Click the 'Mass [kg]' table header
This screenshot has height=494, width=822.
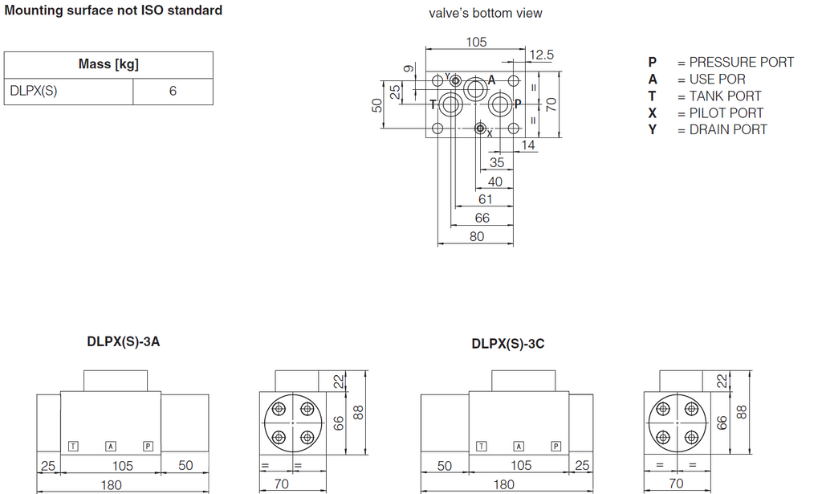(108, 64)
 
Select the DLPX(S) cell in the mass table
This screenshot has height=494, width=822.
(34, 91)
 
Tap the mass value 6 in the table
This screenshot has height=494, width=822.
(173, 91)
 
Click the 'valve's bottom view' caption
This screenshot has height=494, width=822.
(486, 13)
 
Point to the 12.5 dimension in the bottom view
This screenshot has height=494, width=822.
(541, 55)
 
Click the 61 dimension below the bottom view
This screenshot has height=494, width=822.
(486, 199)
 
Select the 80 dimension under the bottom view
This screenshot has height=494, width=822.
(477, 236)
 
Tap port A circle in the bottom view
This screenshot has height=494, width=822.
(476, 88)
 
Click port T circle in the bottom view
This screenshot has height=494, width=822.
(450, 104)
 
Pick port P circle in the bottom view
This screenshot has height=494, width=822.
(500, 104)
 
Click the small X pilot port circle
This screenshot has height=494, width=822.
(480, 128)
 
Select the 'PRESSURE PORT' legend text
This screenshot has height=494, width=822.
(741, 62)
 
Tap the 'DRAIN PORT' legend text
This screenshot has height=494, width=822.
(728, 129)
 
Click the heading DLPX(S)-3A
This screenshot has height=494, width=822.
(123, 342)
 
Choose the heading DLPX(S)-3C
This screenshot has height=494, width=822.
(508, 344)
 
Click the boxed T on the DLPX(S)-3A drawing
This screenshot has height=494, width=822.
(73, 447)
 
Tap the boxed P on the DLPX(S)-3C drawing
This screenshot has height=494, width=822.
(555, 447)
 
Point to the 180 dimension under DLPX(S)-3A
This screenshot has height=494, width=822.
(111, 485)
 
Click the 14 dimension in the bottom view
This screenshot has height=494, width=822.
(528, 145)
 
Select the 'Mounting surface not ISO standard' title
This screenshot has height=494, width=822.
(113, 10)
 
